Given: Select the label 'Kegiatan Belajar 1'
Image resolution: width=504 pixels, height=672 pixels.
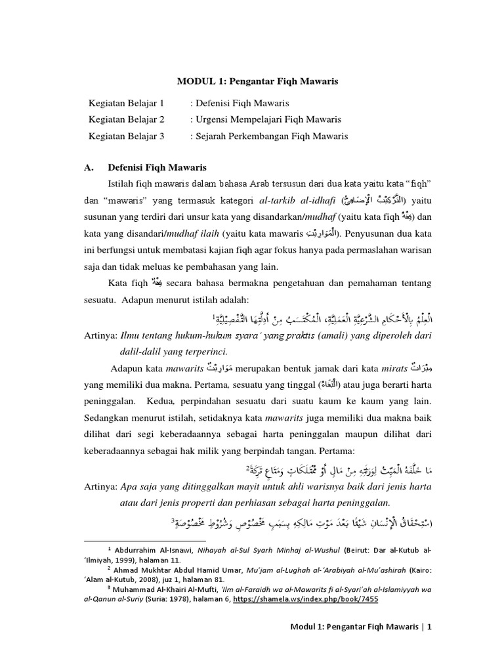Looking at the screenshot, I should click(x=125, y=103).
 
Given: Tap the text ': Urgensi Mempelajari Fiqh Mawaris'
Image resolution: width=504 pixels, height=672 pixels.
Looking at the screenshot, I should click(x=266, y=119).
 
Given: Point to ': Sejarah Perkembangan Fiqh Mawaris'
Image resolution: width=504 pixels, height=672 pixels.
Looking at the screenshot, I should click(x=269, y=136).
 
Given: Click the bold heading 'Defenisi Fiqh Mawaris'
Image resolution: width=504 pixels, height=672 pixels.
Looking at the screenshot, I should click(x=157, y=167).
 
